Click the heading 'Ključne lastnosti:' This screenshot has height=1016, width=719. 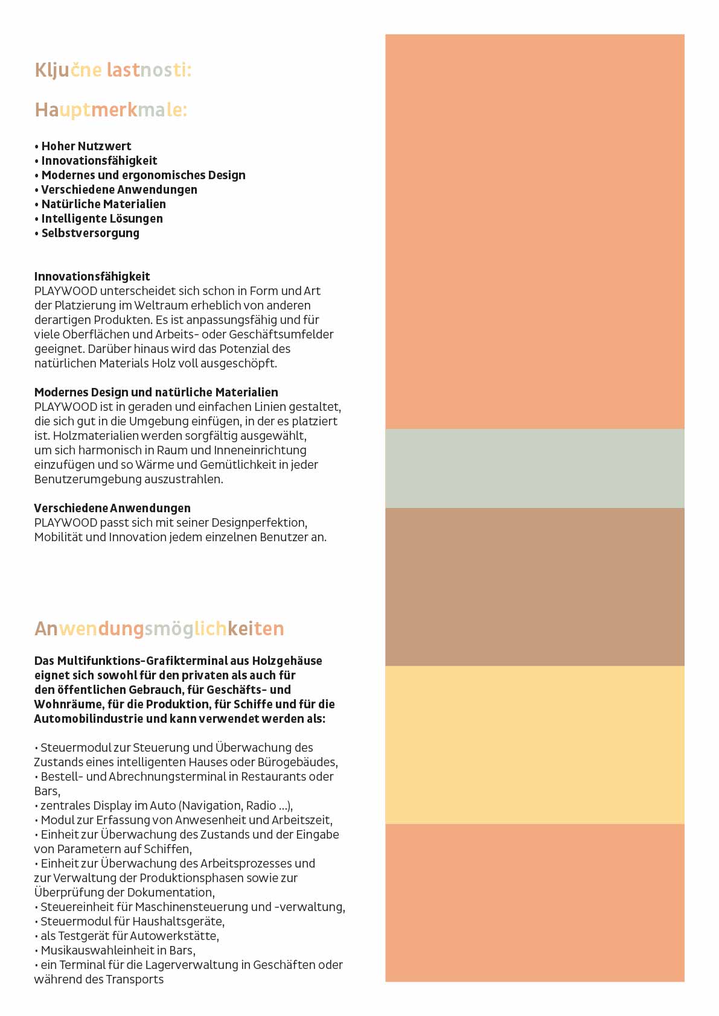(x=113, y=70)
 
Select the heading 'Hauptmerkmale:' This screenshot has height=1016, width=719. (x=111, y=110)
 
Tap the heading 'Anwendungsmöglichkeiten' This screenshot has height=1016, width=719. (x=159, y=629)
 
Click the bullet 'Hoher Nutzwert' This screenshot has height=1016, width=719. (x=86, y=146)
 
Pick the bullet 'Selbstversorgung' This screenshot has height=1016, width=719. (x=90, y=233)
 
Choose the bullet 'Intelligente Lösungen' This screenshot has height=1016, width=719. (x=101, y=218)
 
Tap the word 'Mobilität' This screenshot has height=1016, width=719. (x=58, y=537)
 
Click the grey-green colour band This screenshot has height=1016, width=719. (x=534, y=468)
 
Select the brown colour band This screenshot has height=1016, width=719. (x=534, y=586)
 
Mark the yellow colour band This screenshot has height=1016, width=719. (x=534, y=745)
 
